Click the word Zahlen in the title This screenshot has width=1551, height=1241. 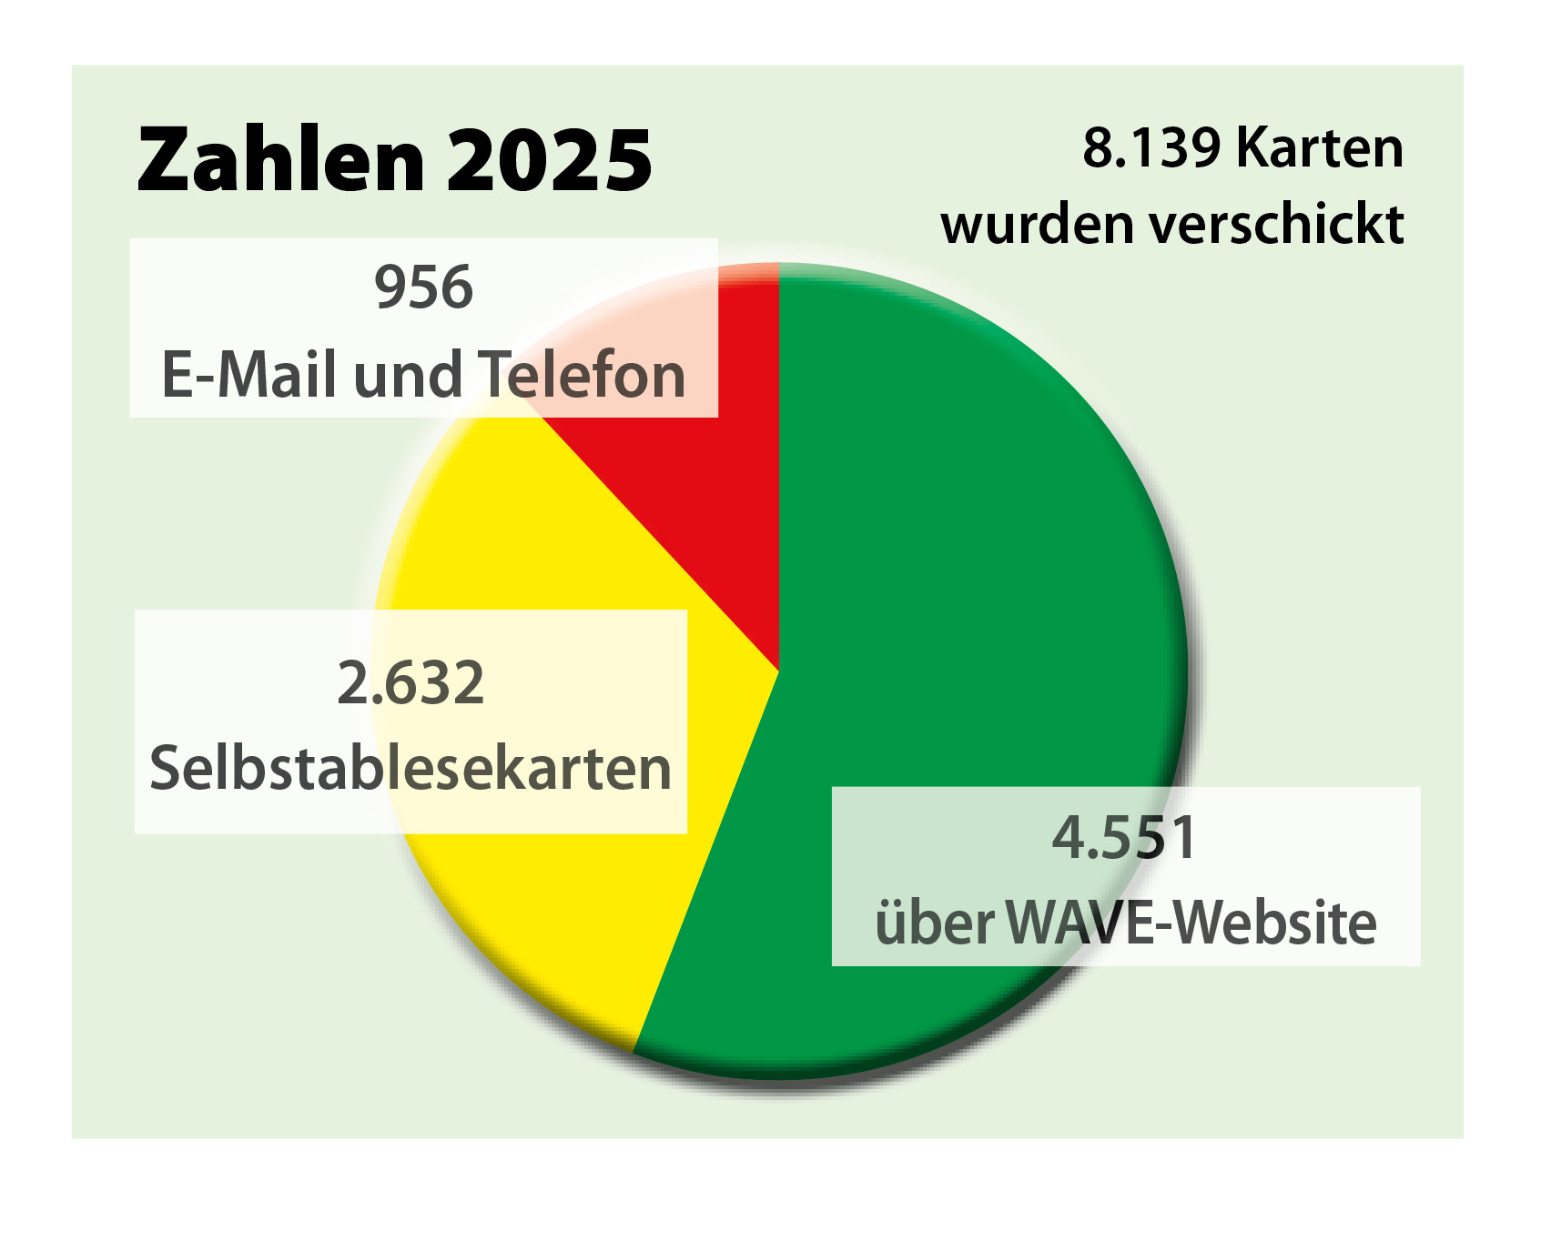(x=280, y=160)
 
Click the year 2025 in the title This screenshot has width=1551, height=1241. (x=550, y=160)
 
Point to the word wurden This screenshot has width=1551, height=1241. (x=1038, y=225)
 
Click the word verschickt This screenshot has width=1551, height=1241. (x=1277, y=225)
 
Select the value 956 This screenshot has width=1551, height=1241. (x=423, y=288)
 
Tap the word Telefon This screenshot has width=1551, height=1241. (x=582, y=375)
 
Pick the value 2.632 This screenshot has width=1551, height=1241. (x=411, y=683)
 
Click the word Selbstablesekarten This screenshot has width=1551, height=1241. (x=411, y=769)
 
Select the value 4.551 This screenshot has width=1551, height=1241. (x=1124, y=838)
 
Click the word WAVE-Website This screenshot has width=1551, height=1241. (x=1191, y=923)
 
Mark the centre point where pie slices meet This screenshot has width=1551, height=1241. (x=779, y=671)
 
